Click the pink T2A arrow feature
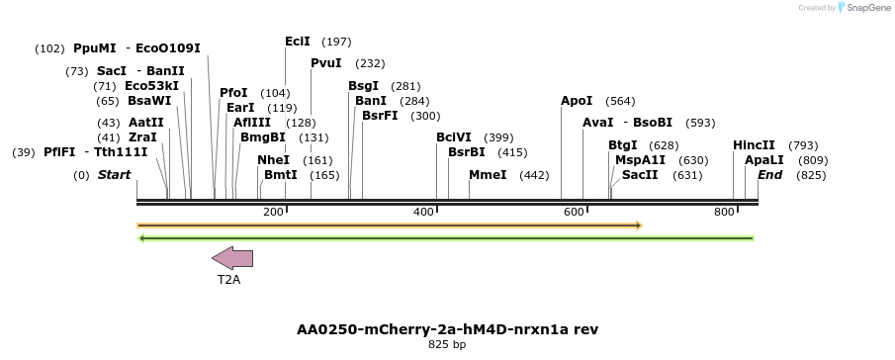pyautogui.click(x=232, y=258)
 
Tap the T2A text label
pyautogui.click(x=229, y=280)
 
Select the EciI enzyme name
pyautogui.click(x=298, y=42)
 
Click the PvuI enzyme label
pyautogui.click(x=326, y=63)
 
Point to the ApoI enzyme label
pyautogui.click(x=577, y=101)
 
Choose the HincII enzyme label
pyautogui.click(x=754, y=145)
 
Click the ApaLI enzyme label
pyautogui.click(x=764, y=160)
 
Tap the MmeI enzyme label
pyautogui.click(x=488, y=175)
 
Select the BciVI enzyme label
pyautogui.click(x=454, y=137)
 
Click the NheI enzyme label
pyautogui.click(x=274, y=160)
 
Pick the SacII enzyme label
pyautogui.click(x=640, y=175)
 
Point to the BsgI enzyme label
pyautogui.click(x=364, y=86)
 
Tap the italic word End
pyautogui.click(x=770, y=175)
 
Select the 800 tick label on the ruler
pyautogui.click(x=725, y=212)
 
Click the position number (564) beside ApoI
pyautogui.click(x=620, y=101)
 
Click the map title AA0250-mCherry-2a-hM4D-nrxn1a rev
pyautogui.click(x=447, y=328)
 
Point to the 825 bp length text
pyautogui.click(x=447, y=345)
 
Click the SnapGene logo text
pyautogui.click(x=867, y=8)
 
